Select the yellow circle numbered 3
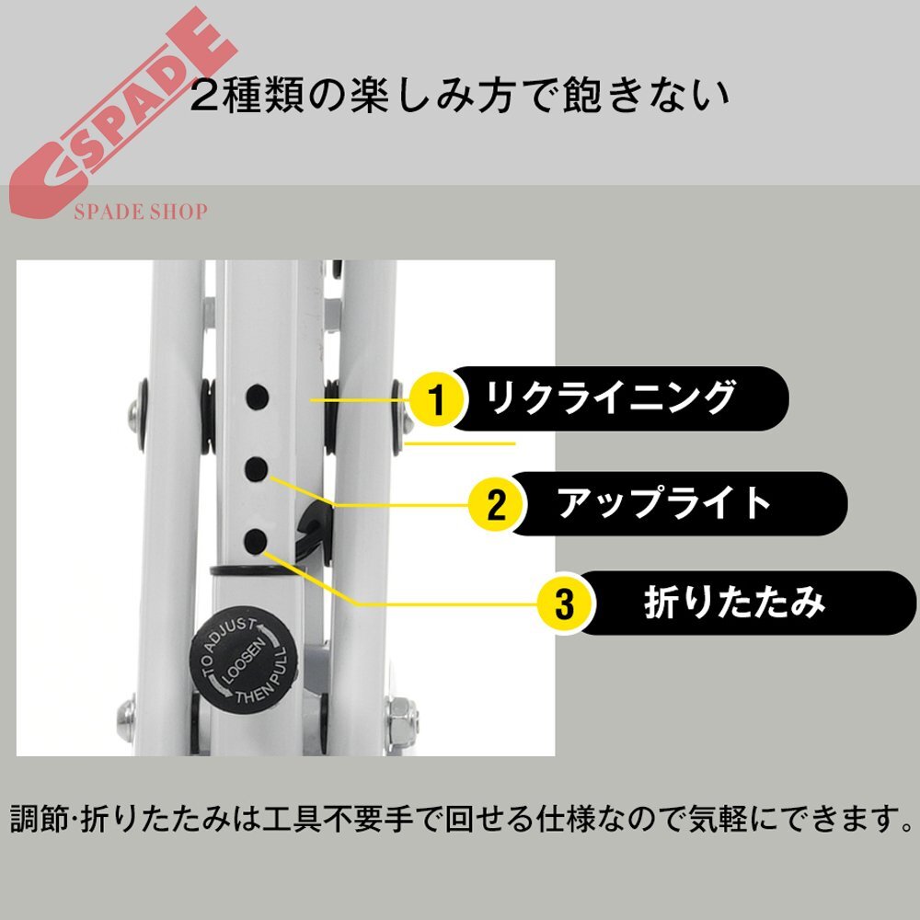point(564,604)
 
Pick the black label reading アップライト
point(676,502)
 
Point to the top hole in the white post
point(259,397)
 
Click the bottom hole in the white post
point(259,539)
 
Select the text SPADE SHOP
point(140,213)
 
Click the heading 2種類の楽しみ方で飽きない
point(459,95)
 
